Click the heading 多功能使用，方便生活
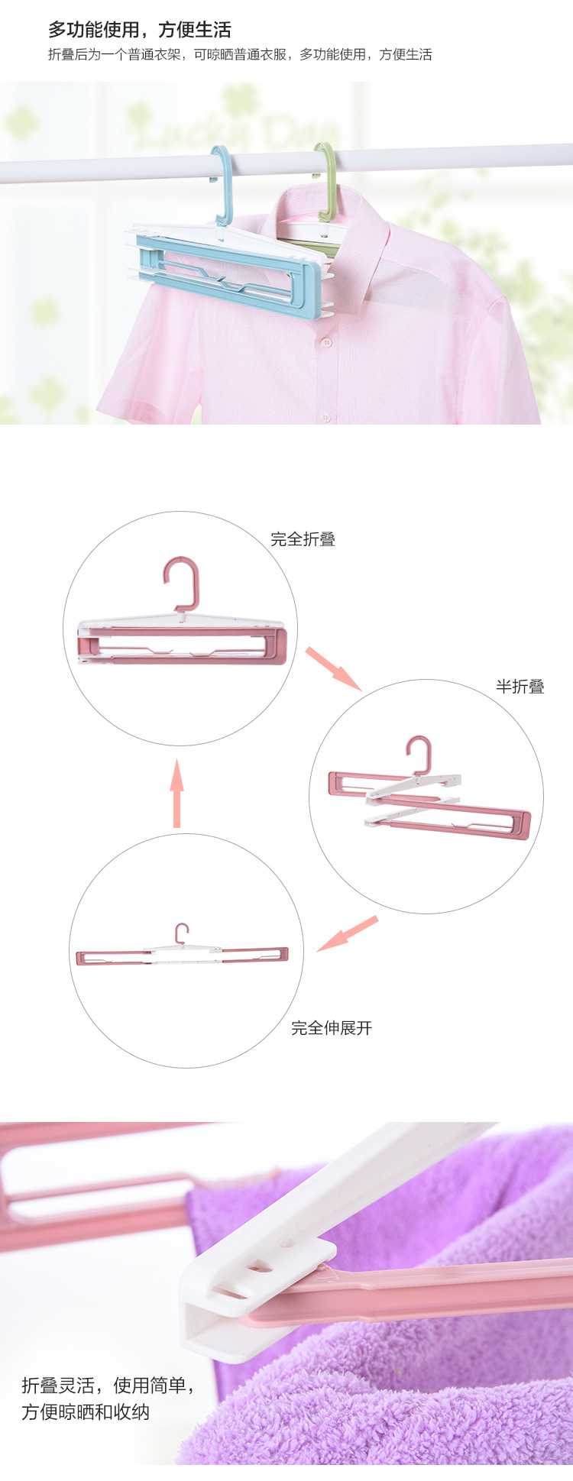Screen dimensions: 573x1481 [139, 31]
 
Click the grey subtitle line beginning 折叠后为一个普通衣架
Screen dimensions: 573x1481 [240, 54]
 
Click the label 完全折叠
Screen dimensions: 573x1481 [303, 539]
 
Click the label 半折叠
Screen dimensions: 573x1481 [520, 687]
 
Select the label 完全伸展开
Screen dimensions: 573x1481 [332, 1028]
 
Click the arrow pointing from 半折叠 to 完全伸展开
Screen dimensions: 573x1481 [348, 933]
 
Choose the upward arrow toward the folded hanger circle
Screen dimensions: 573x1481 [177, 793]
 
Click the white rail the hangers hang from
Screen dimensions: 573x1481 [286, 162]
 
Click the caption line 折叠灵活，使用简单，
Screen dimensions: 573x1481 [108, 1385]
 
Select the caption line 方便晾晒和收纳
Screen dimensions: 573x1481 [86, 1411]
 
